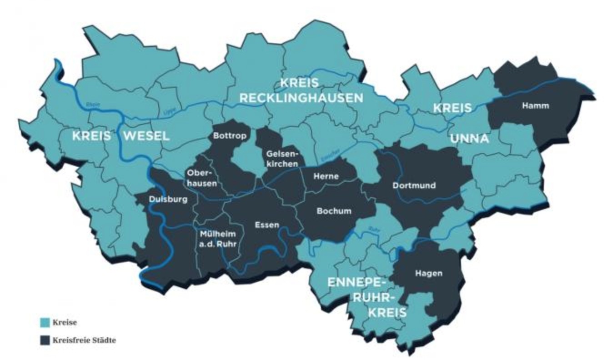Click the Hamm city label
pos(535,105)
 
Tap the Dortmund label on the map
pos(414,185)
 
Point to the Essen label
pos(267,225)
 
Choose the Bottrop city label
pos(229,135)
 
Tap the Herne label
pos(326,176)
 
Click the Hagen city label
pos(428,273)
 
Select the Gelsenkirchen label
pos(283,159)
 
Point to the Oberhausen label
pos(201,178)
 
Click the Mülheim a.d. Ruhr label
pos(218,238)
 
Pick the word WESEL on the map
pos(146,135)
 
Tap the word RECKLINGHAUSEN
pos(302,98)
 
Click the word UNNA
pos(470,139)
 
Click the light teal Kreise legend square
pos(45,323)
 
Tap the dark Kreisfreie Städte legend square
pos(45,340)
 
